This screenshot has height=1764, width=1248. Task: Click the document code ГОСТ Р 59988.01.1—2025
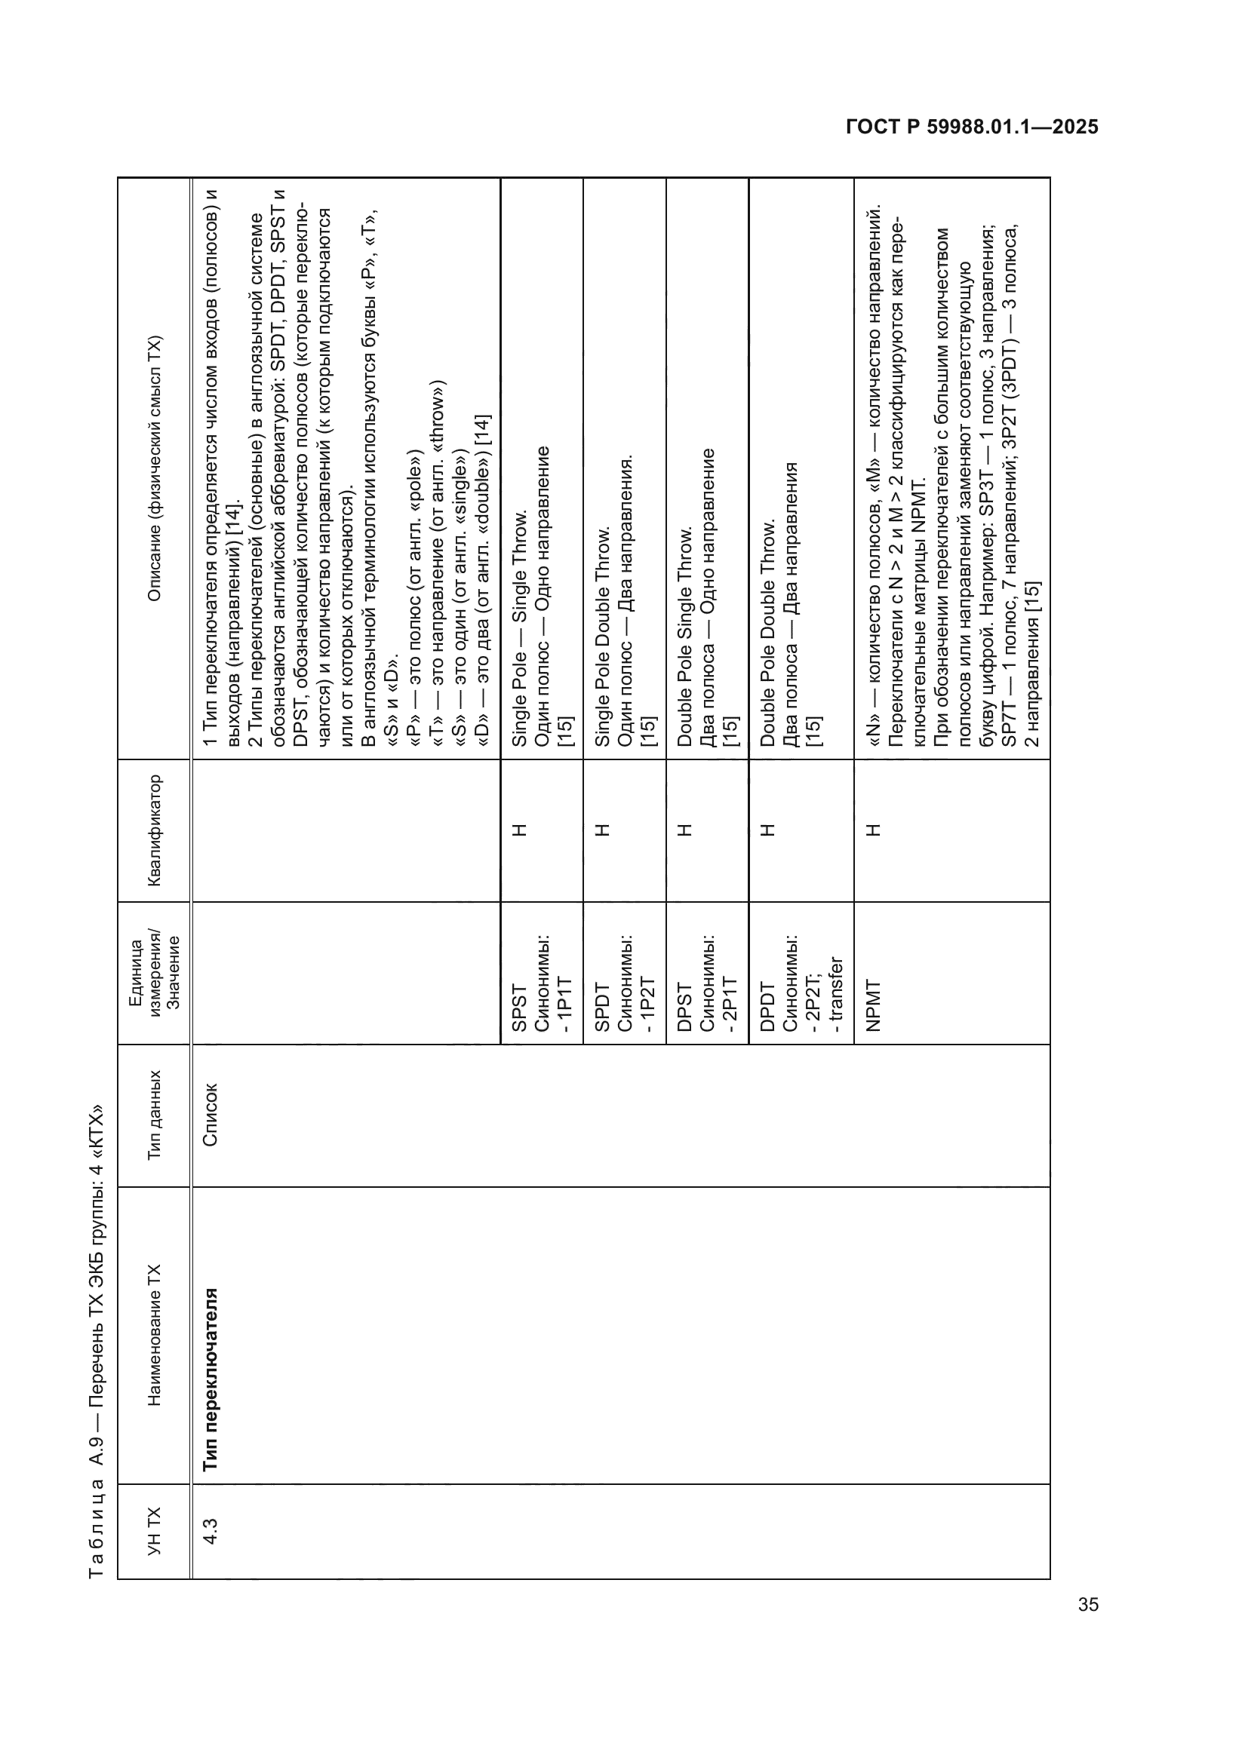click(x=971, y=127)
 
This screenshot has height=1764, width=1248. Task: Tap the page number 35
click(x=1088, y=1604)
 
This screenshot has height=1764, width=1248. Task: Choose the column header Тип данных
click(x=155, y=1115)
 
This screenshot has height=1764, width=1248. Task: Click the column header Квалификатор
click(x=155, y=830)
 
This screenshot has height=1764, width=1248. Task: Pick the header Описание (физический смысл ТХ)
click(x=155, y=468)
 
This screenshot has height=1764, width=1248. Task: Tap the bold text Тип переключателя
click(x=210, y=1379)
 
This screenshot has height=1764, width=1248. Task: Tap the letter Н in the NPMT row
click(x=874, y=830)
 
